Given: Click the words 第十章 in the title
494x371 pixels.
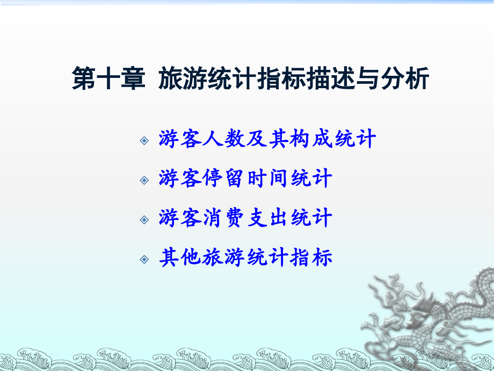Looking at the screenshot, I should (108, 80).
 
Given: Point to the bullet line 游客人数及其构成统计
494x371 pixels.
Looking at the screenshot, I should (267, 139).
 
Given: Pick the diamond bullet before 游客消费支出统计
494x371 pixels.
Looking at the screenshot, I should (144, 219).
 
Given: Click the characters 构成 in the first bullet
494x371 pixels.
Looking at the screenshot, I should (311, 139).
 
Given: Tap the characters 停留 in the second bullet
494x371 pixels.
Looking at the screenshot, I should (224, 179).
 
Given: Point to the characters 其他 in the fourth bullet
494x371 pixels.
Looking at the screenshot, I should (181, 258).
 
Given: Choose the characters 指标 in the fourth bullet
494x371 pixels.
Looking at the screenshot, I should (311, 258).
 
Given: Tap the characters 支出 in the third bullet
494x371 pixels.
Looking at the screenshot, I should (268, 218).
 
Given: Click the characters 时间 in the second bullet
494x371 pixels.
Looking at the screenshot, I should (268, 179).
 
